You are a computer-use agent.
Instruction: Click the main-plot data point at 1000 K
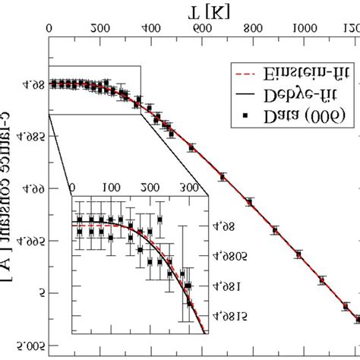(298, 254)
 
